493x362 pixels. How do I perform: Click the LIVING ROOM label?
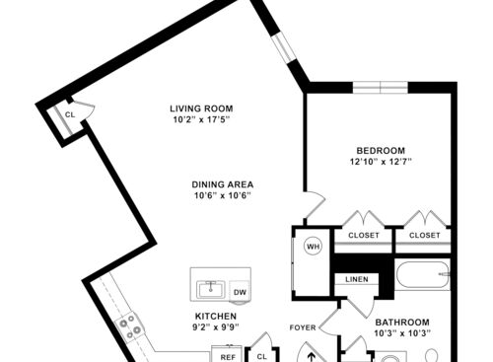tap(200, 109)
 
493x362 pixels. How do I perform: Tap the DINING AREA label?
tap(223, 183)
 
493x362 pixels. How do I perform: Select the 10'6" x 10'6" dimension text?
tap(223, 195)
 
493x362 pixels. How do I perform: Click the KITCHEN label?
tap(215, 316)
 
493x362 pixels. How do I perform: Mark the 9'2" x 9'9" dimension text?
tap(215, 327)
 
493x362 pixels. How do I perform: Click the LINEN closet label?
tap(357, 280)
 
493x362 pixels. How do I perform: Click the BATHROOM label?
tap(401, 323)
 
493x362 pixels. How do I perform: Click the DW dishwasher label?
tap(240, 292)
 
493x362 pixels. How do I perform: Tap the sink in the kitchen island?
tap(210, 289)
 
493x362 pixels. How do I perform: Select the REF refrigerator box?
tap(227, 356)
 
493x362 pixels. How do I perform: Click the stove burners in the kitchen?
tap(128, 325)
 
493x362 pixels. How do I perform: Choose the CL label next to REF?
tap(262, 356)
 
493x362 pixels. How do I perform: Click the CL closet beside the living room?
tap(70, 114)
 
